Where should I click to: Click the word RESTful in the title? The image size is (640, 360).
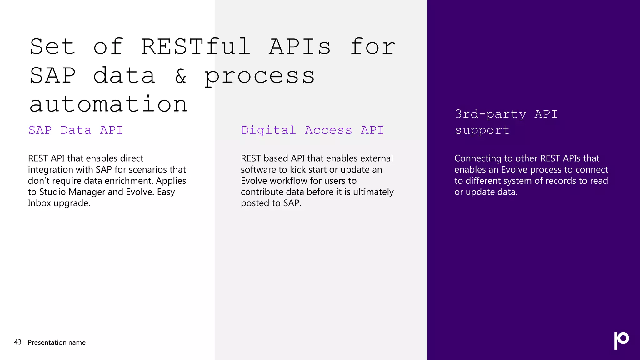click(196, 47)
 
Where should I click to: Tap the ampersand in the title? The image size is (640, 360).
click(181, 76)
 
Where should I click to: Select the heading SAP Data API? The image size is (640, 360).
click(76, 130)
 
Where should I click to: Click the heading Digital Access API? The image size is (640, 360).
click(312, 130)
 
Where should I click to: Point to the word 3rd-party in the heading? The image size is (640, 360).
click(490, 114)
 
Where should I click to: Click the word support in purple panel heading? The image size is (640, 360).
click(482, 130)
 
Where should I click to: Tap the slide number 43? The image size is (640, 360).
click(18, 342)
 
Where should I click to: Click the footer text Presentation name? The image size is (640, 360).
click(57, 342)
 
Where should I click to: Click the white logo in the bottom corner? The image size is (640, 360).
click(621, 340)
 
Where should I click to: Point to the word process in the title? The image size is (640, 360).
click(259, 76)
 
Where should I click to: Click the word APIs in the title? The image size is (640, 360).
click(299, 47)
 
